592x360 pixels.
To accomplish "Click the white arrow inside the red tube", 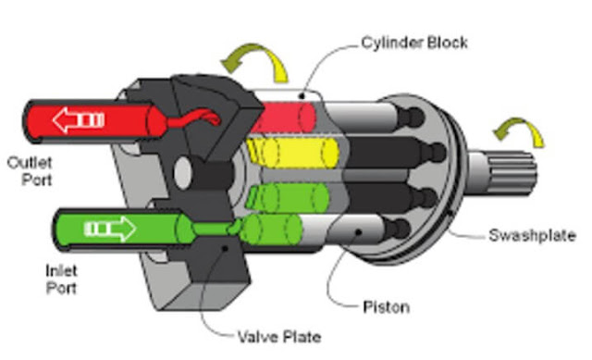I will [78, 119].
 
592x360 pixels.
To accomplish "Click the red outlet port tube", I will [111, 119].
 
